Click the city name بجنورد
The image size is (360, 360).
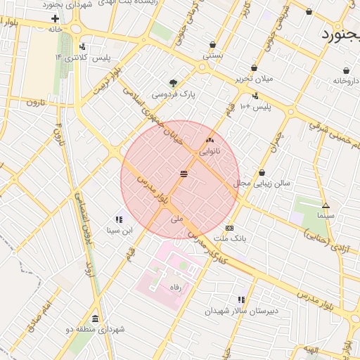click(x=340, y=34)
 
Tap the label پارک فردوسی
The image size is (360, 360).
click(x=174, y=94)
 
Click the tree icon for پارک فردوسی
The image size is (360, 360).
click(x=174, y=82)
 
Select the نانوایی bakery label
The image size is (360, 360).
click(x=210, y=151)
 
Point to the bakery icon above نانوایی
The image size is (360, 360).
click(x=210, y=141)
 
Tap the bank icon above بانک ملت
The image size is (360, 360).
click(x=230, y=229)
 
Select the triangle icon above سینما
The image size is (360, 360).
click(x=326, y=206)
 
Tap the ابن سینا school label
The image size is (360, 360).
click(x=119, y=231)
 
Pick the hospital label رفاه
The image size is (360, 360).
click(x=176, y=287)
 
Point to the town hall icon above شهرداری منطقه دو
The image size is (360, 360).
click(x=95, y=319)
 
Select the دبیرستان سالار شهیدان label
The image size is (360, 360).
click(x=241, y=311)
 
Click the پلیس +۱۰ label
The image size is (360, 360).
click(x=255, y=107)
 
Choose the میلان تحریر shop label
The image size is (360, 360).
click(x=255, y=79)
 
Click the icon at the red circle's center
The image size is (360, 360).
click(x=184, y=174)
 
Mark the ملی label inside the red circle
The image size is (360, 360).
click(x=176, y=219)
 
